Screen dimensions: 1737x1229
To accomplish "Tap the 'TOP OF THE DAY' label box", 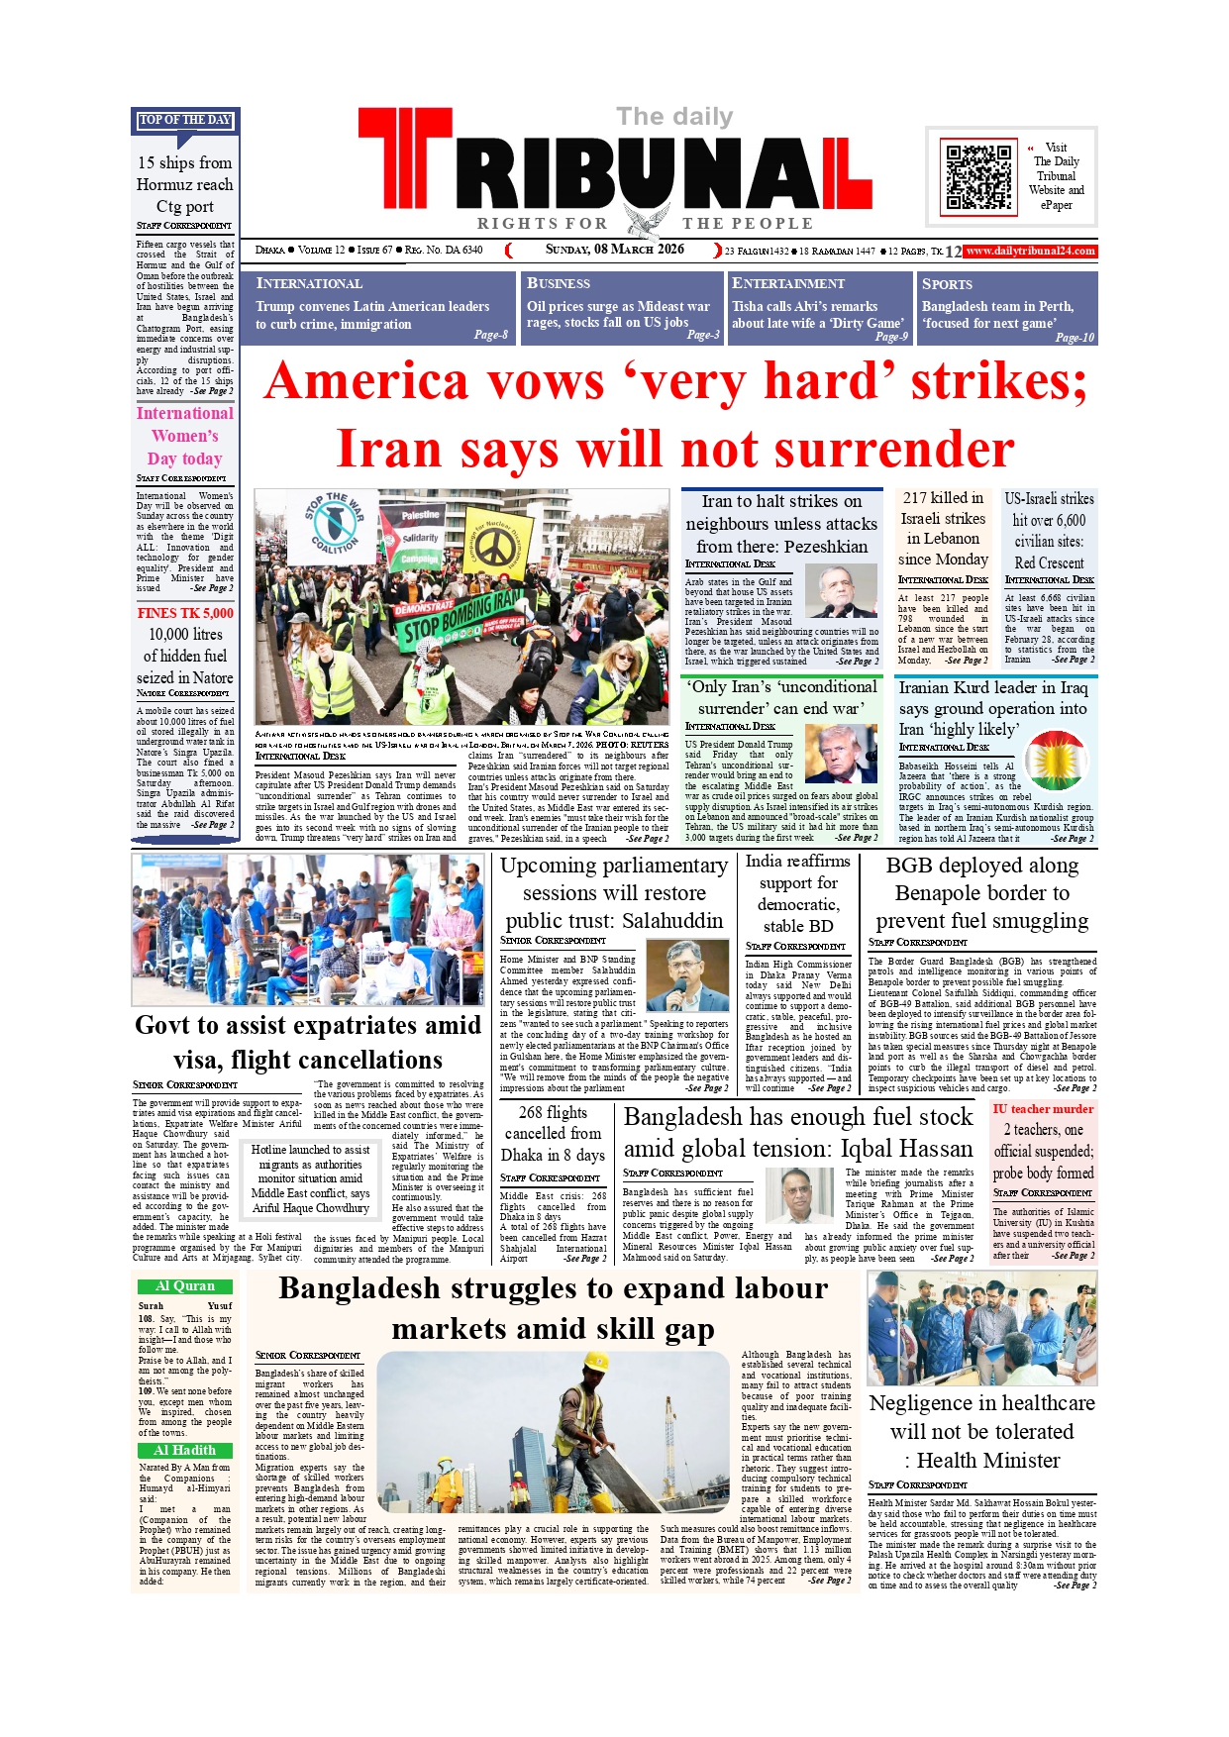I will tap(185, 120).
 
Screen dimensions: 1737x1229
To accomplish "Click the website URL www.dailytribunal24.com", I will tap(1030, 252).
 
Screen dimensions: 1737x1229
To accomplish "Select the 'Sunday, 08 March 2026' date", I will tap(614, 250).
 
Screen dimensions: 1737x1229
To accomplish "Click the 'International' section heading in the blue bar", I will tap(309, 283).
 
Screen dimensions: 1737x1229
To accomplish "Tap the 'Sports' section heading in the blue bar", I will tap(947, 283).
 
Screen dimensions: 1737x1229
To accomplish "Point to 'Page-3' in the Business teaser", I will tap(703, 335).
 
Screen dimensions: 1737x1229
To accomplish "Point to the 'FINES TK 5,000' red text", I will tap(185, 613).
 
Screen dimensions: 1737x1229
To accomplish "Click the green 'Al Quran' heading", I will tap(185, 1285).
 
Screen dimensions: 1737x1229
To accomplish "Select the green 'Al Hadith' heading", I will tap(185, 1450).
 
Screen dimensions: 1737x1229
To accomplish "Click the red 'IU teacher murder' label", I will tap(1043, 1109).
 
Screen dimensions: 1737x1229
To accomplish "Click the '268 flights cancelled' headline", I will tap(553, 1123).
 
